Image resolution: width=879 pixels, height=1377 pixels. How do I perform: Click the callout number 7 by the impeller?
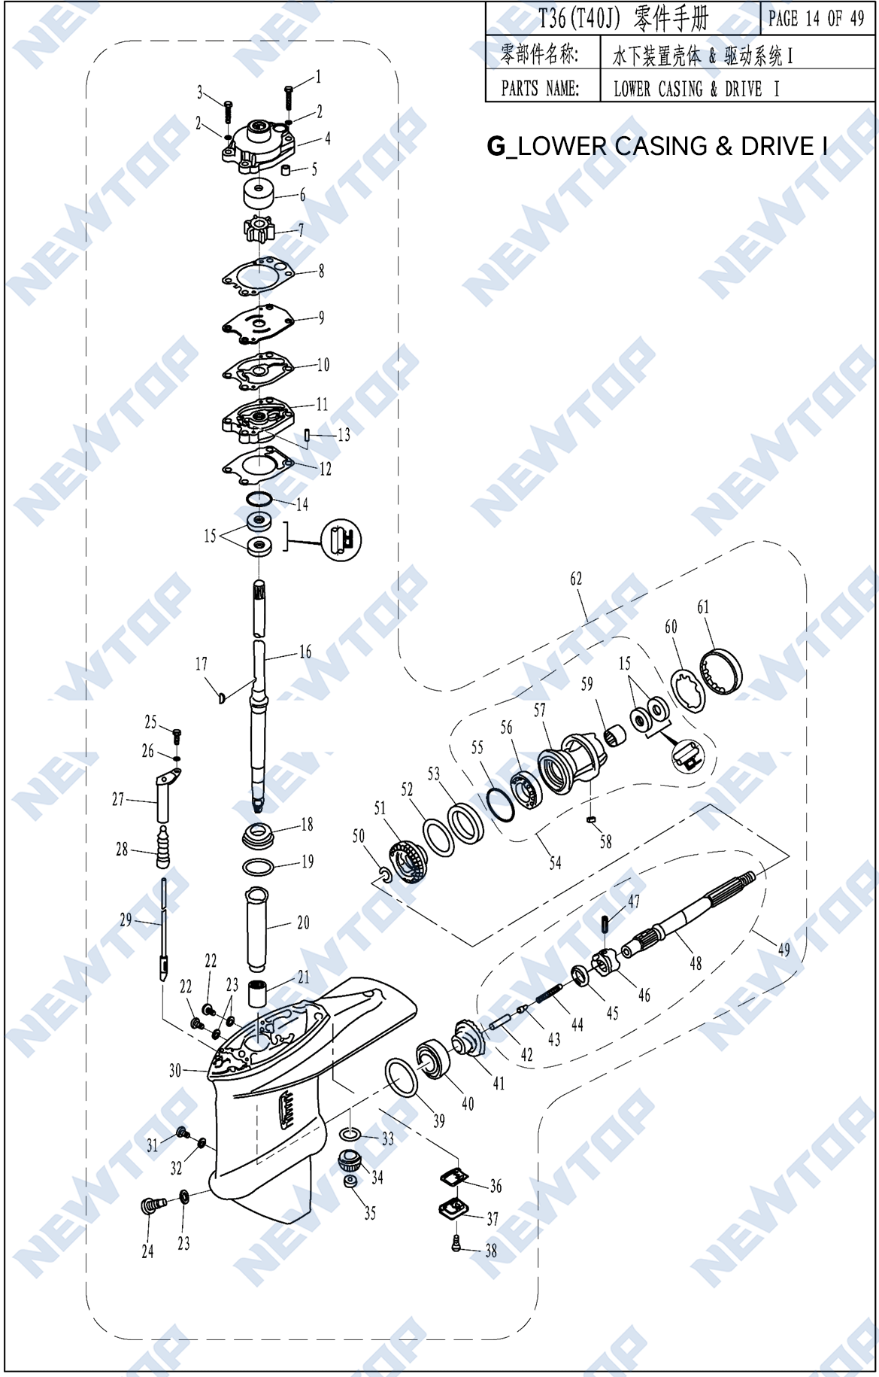point(301,230)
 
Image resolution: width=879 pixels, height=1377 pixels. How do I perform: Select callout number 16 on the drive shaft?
point(305,652)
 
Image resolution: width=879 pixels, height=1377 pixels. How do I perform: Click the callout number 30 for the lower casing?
point(174,1070)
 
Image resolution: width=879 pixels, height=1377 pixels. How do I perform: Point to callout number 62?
point(576,579)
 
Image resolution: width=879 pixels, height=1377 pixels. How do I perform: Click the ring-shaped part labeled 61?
point(721,670)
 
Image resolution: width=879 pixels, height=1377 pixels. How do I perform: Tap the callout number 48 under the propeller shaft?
point(696,962)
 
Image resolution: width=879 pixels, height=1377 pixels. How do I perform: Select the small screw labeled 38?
point(456,1245)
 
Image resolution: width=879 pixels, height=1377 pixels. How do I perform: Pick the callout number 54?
point(555,863)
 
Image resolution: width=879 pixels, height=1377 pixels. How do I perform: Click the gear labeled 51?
point(408,863)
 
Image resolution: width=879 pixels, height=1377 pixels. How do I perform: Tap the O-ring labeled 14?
point(259,499)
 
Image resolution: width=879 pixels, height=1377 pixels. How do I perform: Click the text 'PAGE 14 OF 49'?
point(816,19)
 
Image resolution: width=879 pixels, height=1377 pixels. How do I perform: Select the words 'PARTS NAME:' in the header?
point(540,89)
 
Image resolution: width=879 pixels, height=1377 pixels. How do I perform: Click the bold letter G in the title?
point(496,146)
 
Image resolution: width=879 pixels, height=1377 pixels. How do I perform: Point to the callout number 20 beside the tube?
point(303,923)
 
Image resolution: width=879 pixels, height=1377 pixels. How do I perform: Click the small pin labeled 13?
point(308,435)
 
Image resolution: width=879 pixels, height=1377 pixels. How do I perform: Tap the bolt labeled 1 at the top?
point(289,96)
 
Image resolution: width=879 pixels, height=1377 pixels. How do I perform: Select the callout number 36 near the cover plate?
point(496,1187)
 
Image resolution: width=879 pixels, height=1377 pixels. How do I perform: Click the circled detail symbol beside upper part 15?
point(341,540)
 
